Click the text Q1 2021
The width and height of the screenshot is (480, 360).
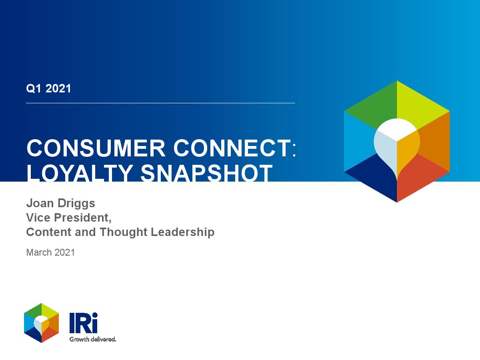[x=48, y=88]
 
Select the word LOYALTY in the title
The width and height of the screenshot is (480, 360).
[x=80, y=173]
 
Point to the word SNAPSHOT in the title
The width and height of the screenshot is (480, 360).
[x=206, y=173]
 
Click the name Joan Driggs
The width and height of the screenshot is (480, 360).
[x=60, y=203]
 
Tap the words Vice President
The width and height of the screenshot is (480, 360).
[x=69, y=218]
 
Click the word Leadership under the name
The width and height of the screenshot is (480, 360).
[x=182, y=232]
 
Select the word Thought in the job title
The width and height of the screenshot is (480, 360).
[x=124, y=232]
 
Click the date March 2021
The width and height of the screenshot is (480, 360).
[x=50, y=252]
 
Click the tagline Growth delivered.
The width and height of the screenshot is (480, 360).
[x=92, y=339]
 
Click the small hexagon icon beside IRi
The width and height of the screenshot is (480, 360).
[x=41, y=323]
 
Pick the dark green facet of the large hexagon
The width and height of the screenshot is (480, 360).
[x=376, y=107]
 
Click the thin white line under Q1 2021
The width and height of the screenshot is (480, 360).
[x=160, y=103]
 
